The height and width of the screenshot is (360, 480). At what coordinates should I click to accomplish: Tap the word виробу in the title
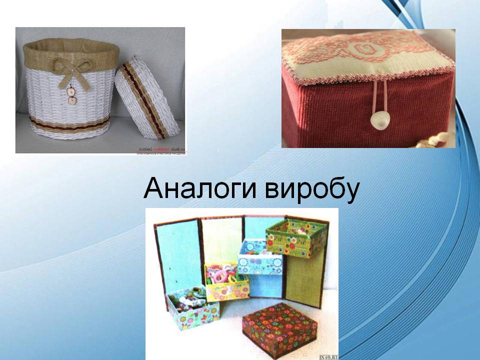tap(309, 191)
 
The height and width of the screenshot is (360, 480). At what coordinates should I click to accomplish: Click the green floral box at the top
tap(288, 236)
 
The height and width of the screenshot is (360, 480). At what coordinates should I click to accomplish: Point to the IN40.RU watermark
tap(327, 356)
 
